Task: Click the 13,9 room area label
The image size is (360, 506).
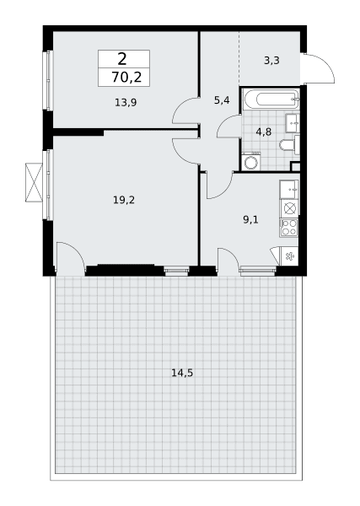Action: click(126, 103)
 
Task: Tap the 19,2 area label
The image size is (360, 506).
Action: click(124, 200)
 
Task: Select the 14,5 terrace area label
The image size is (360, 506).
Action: click(182, 373)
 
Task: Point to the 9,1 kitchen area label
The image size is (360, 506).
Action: click(250, 220)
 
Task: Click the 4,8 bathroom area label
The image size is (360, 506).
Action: click(264, 132)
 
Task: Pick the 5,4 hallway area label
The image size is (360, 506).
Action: click(222, 100)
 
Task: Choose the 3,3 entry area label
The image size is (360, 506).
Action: click(271, 61)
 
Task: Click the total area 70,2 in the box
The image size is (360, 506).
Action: click(126, 78)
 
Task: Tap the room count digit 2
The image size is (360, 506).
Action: click(122, 59)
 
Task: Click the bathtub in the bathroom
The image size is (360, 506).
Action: click(271, 99)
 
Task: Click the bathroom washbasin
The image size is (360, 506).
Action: click(293, 123)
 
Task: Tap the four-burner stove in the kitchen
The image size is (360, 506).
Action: click(289, 228)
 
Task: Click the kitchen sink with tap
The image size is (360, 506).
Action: click(289, 190)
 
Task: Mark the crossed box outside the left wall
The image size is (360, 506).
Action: click(35, 183)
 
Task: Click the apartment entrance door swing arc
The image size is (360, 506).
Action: click(325, 65)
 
